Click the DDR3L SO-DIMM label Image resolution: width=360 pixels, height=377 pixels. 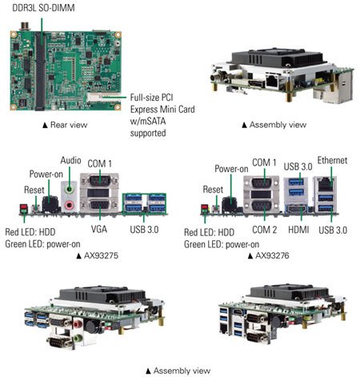tap(43, 8)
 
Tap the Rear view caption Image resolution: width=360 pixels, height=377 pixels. tap(65, 125)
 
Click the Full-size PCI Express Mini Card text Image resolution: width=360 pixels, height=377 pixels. tap(162, 103)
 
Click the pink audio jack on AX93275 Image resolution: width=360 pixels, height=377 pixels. tap(70, 205)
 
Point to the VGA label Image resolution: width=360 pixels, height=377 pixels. tap(99, 229)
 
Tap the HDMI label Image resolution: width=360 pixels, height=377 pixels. tap(298, 230)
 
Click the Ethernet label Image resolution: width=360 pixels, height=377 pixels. tap(332, 160)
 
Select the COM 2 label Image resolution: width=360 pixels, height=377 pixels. tap(265, 230)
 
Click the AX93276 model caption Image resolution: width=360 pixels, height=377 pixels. tap(269, 256)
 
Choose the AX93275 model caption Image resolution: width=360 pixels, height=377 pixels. tap(98, 256)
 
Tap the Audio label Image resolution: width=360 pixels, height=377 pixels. tap(70, 160)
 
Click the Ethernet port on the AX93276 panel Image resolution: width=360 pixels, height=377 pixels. tap(325, 184)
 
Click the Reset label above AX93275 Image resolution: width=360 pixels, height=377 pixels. tap(34, 190)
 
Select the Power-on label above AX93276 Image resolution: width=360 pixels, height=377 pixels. tap(231, 169)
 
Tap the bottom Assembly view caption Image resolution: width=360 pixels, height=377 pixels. tap(178, 371)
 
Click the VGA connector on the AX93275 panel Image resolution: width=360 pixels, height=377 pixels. tap(99, 206)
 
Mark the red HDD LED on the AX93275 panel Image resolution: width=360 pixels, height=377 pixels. tap(23, 207)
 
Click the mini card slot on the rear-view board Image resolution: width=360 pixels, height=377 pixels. tap(102, 97)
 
